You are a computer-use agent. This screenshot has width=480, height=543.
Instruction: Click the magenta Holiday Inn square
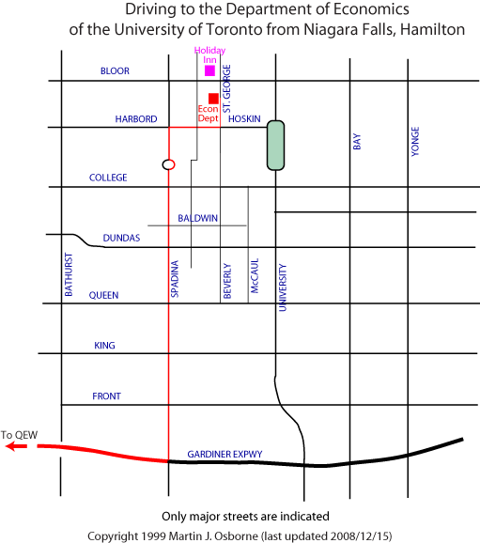tap(209, 70)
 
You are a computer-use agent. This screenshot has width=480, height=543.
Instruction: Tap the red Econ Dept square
tap(213, 99)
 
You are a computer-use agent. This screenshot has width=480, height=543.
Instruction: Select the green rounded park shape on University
tap(275, 146)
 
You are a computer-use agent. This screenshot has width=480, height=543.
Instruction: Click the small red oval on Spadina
tap(169, 164)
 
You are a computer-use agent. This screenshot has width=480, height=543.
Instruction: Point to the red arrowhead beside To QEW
tap(11, 446)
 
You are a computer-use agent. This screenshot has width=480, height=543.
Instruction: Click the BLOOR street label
tap(115, 71)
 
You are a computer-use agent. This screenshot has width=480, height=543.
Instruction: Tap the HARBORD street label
tap(136, 119)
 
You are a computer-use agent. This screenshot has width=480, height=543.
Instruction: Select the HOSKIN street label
tap(244, 118)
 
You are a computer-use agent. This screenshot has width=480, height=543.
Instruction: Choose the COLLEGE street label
tap(108, 178)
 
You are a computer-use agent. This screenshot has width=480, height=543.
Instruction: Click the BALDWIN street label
tap(198, 218)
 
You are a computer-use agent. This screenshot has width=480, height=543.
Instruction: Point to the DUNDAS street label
tap(121, 238)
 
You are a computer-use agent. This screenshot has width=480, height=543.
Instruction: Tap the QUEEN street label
tap(103, 295)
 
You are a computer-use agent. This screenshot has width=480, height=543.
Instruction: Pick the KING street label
tap(104, 346)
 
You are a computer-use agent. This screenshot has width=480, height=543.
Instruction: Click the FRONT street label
tap(107, 396)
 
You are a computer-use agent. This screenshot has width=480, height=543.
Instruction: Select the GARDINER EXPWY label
tap(225, 454)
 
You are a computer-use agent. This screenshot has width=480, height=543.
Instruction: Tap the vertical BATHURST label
tap(69, 274)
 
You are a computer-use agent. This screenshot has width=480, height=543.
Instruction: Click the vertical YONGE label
tap(415, 141)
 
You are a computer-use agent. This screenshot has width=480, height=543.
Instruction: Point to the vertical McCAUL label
tap(255, 276)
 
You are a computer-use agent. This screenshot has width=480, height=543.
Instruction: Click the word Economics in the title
tap(371, 9)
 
